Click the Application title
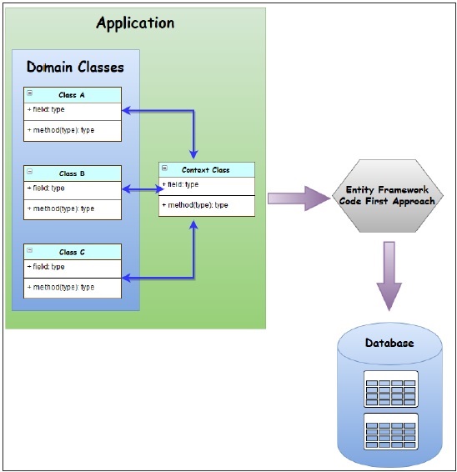click(135, 23)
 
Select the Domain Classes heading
click(75, 67)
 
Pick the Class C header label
click(72, 252)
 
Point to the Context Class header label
click(205, 170)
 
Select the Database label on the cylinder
click(389, 343)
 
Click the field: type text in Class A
click(47, 110)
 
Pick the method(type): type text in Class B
click(61, 208)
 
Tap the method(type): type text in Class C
click(61, 287)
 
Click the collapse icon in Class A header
click(30, 94)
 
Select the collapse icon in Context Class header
click(164, 169)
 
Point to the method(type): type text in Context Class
click(194, 205)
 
